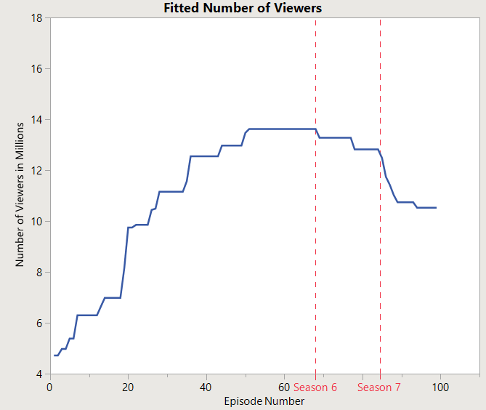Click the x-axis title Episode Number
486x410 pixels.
pyautogui.click(x=264, y=401)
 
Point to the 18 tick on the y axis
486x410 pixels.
pyautogui.click(x=36, y=17)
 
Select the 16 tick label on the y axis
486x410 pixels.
pyautogui.click(x=36, y=68)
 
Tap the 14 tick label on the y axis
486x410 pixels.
pyautogui.click(x=36, y=119)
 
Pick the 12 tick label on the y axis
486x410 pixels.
pyautogui.click(x=36, y=170)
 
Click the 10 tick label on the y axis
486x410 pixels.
pyautogui.click(x=36, y=221)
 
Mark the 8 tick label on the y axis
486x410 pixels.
pyautogui.click(x=38, y=272)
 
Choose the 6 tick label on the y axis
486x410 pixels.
pyautogui.click(x=38, y=323)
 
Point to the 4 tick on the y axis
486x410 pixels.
pyautogui.click(x=38, y=374)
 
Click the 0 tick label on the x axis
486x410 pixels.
pyautogui.click(x=49, y=387)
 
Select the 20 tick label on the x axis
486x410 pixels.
pyautogui.click(x=128, y=387)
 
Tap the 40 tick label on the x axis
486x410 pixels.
pyautogui.click(x=206, y=387)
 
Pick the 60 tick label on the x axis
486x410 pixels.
pyautogui.click(x=284, y=387)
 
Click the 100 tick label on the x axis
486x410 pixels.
pyautogui.click(x=441, y=387)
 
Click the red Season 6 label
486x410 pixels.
pyautogui.click(x=315, y=387)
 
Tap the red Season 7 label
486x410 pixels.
pyautogui.click(x=379, y=387)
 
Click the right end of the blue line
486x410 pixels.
pyautogui.click(x=436, y=208)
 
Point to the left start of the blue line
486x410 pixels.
pyautogui.click(x=54, y=355)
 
